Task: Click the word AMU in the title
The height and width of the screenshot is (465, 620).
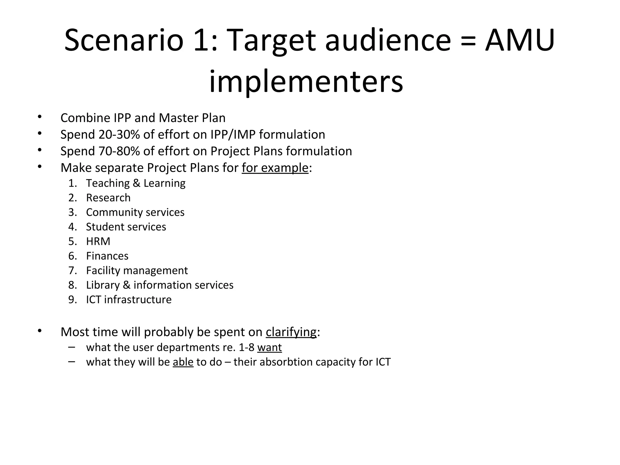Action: (520, 40)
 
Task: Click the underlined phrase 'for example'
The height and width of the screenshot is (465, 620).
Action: (275, 168)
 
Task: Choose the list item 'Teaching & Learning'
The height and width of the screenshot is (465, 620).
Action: (136, 183)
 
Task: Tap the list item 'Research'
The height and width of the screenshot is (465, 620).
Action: (108, 198)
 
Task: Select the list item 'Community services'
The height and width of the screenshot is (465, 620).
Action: (135, 212)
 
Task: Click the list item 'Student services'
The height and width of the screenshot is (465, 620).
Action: (126, 227)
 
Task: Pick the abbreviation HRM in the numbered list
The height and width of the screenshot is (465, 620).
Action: (98, 241)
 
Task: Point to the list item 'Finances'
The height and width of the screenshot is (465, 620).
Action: (107, 256)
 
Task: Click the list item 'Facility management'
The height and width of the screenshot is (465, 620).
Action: (137, 270)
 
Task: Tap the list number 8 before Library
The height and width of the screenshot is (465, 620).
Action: (72, 285)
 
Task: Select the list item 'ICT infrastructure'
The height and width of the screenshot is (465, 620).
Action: (129, 299)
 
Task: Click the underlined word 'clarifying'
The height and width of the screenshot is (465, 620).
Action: (291, 332)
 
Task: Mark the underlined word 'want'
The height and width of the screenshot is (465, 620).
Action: (269, 347)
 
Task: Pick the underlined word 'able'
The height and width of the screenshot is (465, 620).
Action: (183, 362)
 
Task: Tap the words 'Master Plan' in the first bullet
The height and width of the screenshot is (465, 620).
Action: (192, 118)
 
